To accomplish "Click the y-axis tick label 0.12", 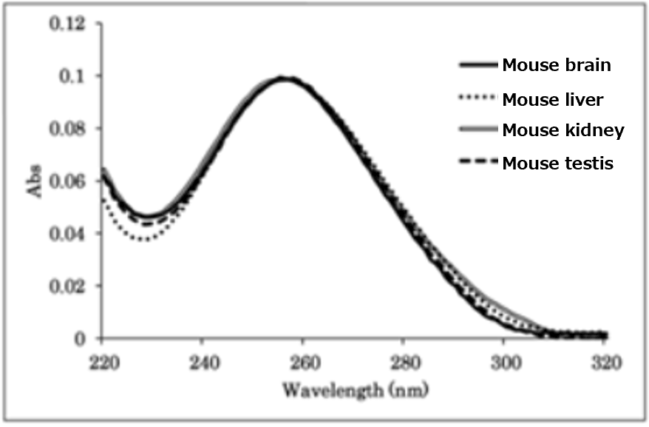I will (x=67, y=24).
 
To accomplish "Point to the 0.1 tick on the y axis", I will (x=72, y=77).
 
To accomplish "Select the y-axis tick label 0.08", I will (x=67, y=129).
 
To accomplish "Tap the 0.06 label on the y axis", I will (x=67, y=181).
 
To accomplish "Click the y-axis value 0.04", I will (x=67, y=234).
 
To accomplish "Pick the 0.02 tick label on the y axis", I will (x=67, y=286).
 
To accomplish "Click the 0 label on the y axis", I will (x=82, y=339).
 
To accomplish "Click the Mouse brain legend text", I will (x=557, y=65).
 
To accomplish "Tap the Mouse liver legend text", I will (x=553, y=98).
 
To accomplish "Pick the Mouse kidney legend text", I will (x=563, y=131).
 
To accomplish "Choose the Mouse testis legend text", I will (x=557, y=164).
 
